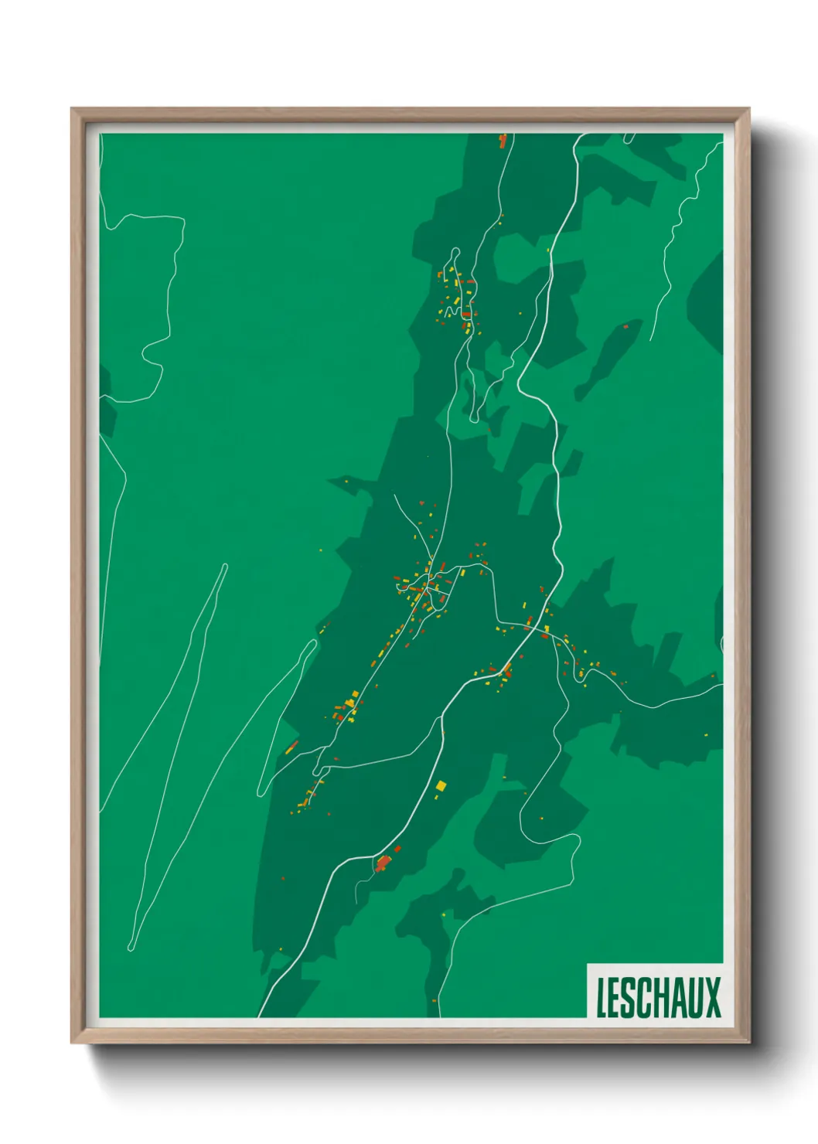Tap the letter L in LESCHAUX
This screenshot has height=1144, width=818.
pos(600,997)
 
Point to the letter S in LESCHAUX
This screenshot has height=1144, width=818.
pos(629,997)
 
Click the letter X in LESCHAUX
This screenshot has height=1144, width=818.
pos(713,997)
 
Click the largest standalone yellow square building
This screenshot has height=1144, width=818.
pos(441,786)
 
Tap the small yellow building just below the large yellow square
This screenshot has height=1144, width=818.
pos(439,796)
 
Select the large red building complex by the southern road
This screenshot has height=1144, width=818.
pos(383,863)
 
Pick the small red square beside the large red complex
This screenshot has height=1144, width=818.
pos(398,849)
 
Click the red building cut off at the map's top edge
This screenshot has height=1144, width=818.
pos(503,141)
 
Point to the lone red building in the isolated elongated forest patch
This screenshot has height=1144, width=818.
pos(625,327)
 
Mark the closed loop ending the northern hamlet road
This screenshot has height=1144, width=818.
pos(455,254)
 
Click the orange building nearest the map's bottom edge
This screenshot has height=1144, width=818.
pos(435,1001)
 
